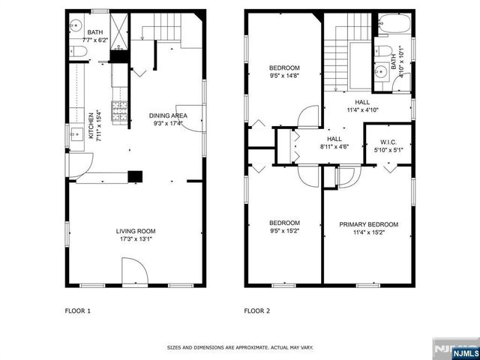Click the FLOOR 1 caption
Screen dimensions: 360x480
coord(78,310)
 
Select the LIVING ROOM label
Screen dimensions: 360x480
coord(135,230)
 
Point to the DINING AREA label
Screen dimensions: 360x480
coord(168,115)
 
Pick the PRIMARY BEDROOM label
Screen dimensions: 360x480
coord(368,224)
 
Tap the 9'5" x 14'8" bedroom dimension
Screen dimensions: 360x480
coord(284,75)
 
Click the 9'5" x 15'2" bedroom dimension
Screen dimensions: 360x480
coord(284,232)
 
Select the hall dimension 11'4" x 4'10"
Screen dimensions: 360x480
coord(362,110)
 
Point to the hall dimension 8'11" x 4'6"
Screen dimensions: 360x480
coord(334,147)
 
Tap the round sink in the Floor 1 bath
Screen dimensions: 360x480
coord(76,25)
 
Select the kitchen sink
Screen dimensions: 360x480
coord(76,136)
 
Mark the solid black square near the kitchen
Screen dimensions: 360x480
coord(134,177)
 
